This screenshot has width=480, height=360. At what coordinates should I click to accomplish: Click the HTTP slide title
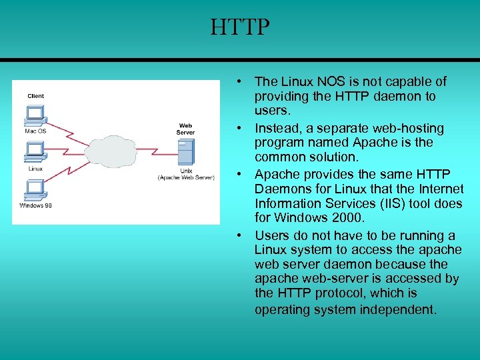point(240,28)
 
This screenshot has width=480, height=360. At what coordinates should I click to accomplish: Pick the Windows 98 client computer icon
point(34,190)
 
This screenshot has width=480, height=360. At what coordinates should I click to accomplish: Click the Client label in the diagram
point(36,96)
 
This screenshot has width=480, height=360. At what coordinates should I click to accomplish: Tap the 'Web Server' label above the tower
point(185,129)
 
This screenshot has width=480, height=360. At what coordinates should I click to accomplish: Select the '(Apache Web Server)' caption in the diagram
point(186,177)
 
